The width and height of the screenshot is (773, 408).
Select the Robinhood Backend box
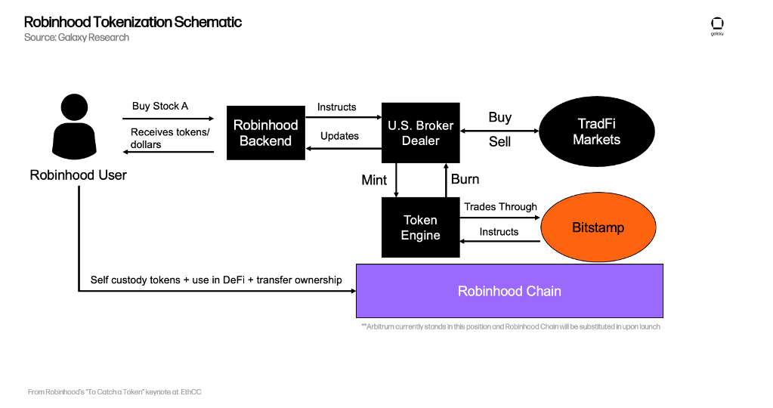pyautogui.click(x=265, y=133)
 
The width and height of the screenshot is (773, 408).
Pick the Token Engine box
pyautogui.click(x=419, y=227)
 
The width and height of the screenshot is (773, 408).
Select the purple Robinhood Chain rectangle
pyautogui.click(x=509, y=291)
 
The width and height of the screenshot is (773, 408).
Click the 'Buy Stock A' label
pyautogui.click(x=160, y=106)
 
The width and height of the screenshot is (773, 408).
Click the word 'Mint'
pyautogui.click(x=374, y=180)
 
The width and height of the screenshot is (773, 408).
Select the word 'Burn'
pyautogui.click(x=465, y=179)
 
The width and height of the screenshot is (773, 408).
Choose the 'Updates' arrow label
pyautogui.click(x=339, y=136)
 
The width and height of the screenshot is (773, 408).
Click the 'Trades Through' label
pyautogui.click(x=500, y=206)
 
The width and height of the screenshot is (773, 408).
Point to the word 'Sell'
pyautogui.click(x=499, y=142)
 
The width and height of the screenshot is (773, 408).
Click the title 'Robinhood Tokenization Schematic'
pyautogui.click(x=133, y=22)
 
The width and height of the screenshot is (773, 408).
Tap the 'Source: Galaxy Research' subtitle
pyautogui.click(x=76, y=38)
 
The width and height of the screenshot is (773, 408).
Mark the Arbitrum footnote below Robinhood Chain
pyautogui.click(x=511, y=326)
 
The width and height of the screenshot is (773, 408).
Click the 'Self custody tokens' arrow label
pyautogui.click(x=215, y=280)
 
